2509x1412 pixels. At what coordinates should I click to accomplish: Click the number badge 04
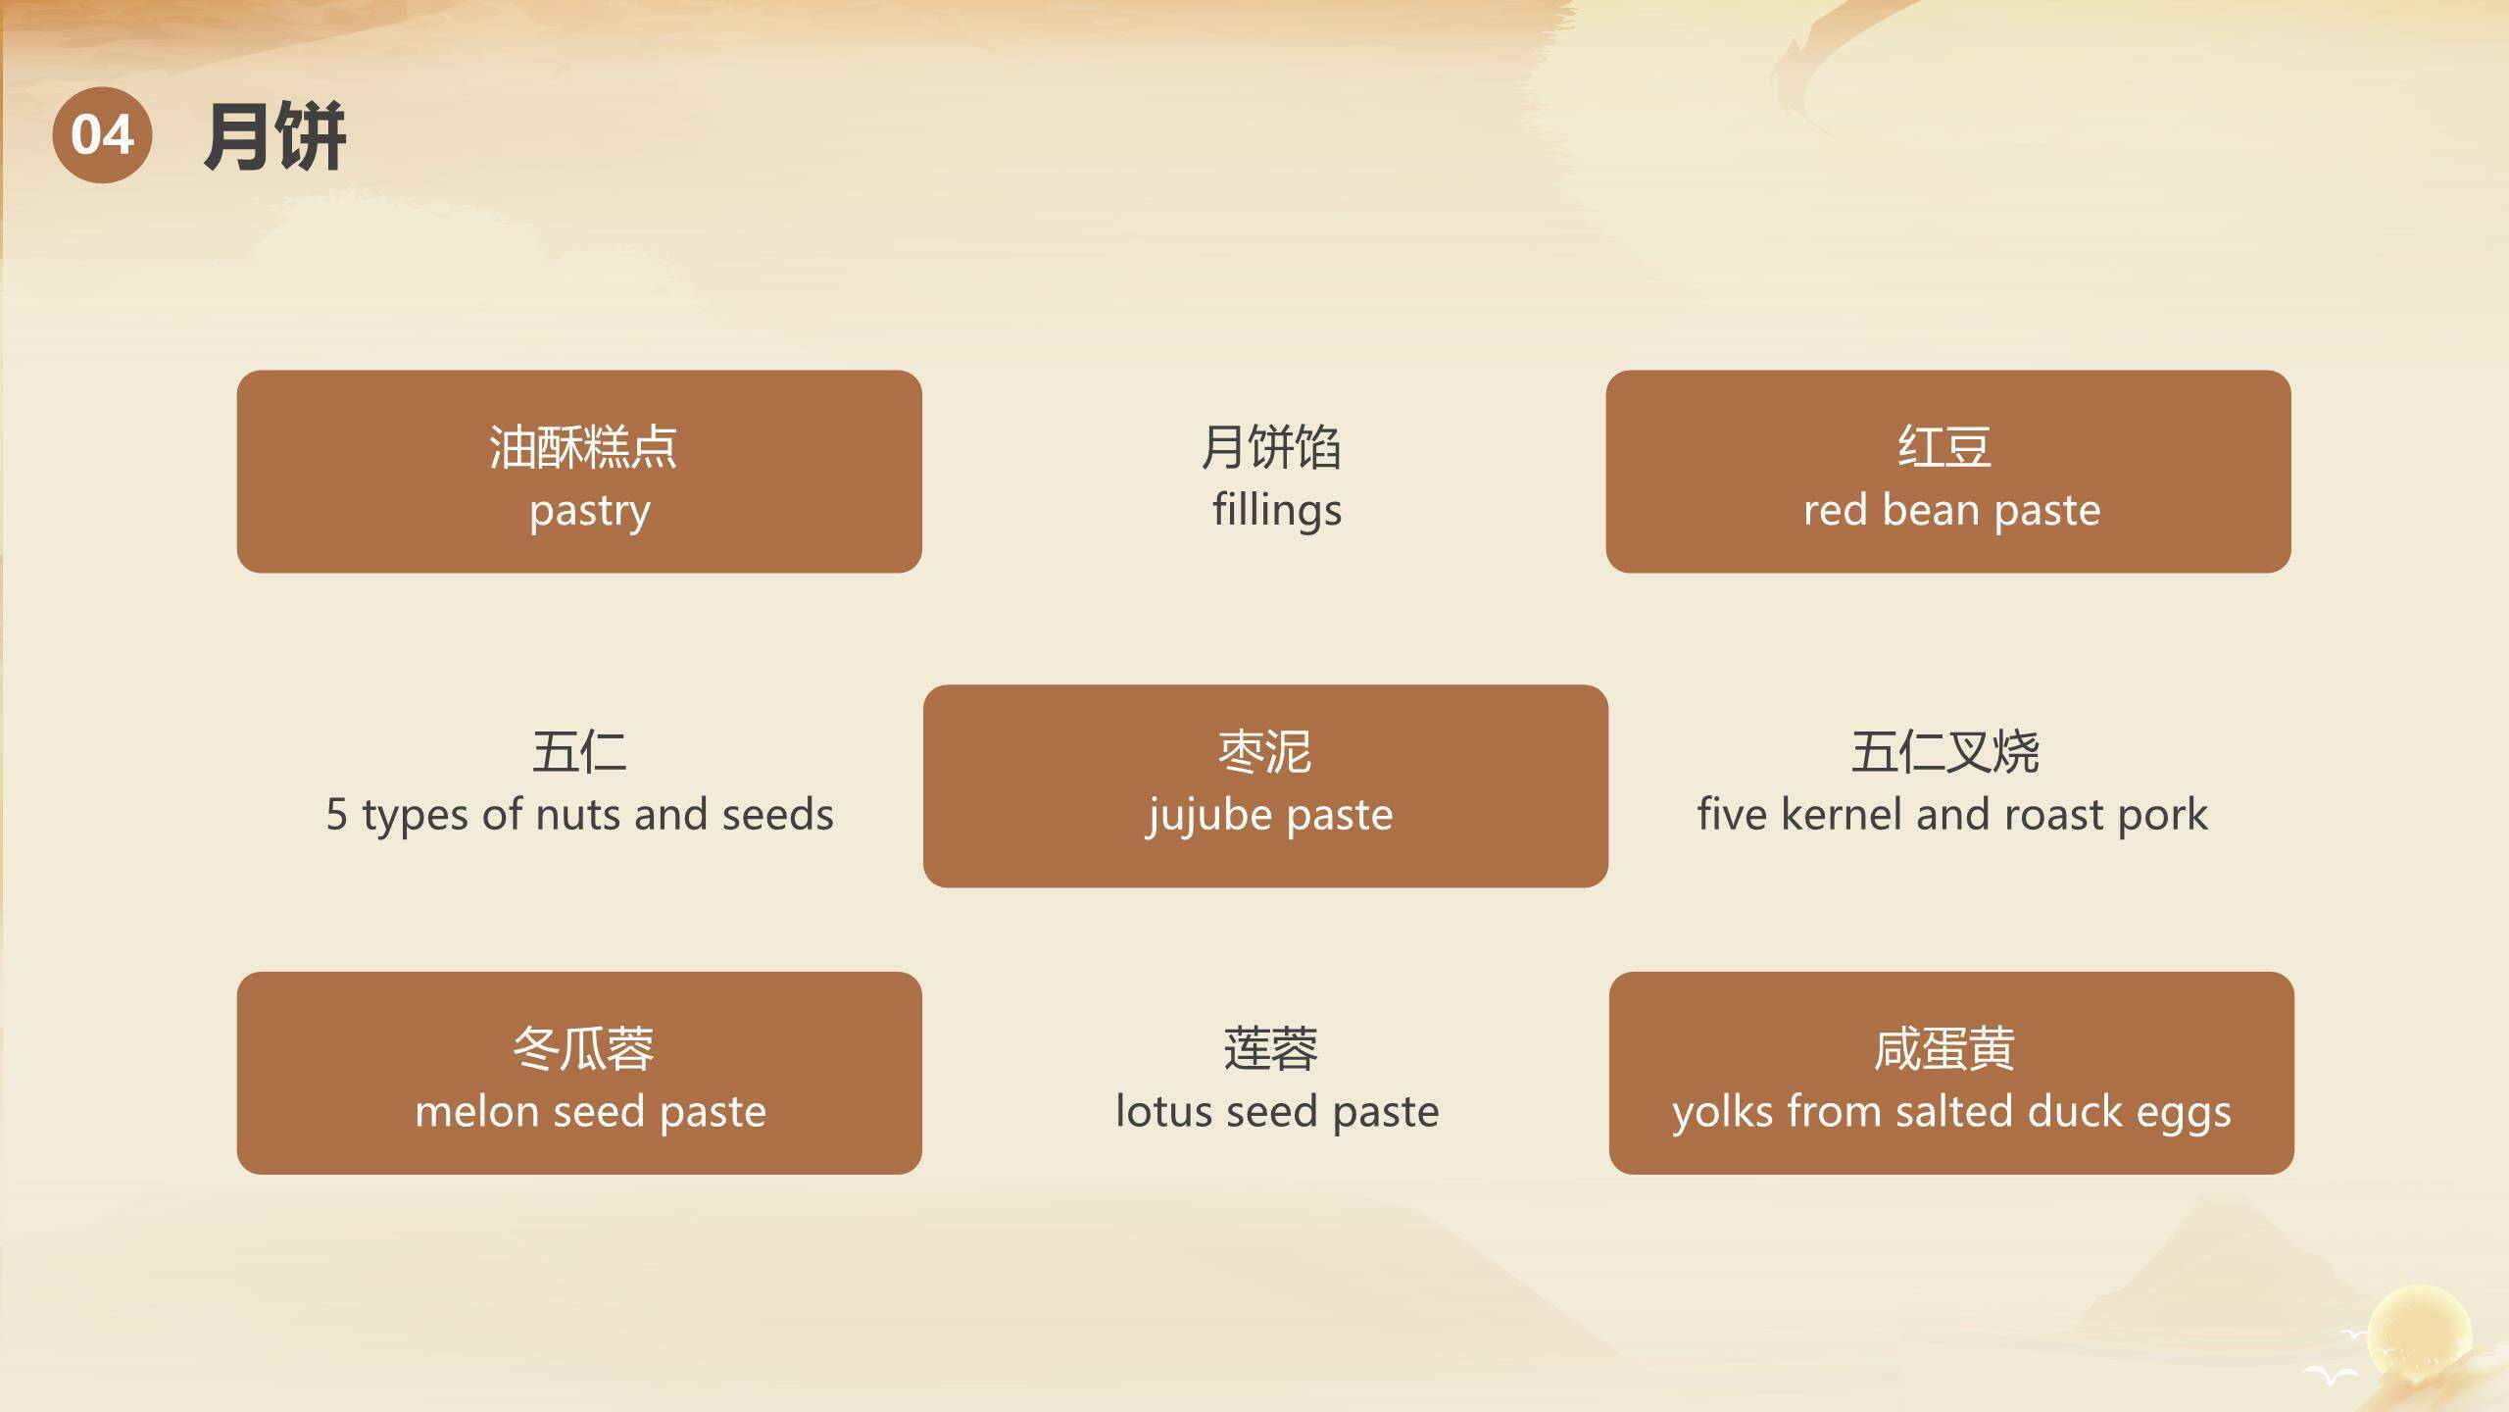102,134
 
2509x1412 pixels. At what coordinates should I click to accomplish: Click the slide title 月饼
274,136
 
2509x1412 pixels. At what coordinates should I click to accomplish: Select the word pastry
589,511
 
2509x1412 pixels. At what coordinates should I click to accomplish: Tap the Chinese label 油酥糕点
582,447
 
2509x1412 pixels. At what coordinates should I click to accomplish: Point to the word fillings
1276,511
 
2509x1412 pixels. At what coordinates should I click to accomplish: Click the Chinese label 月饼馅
1270,447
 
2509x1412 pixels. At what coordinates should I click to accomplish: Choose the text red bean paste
1951,511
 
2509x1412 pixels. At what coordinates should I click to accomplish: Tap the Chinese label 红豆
1944,447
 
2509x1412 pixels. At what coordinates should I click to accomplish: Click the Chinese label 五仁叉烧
1944,752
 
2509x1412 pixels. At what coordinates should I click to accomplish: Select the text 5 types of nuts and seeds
579,815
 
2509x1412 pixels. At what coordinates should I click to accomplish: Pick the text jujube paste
1269,816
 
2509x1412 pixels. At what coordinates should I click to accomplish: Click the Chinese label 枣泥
1264,752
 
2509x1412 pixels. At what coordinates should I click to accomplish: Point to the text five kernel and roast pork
1951,815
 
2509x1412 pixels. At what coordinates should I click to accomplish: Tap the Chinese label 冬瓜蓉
582,1048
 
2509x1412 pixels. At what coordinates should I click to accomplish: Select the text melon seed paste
590,1112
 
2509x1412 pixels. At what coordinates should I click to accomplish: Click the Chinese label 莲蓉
1270,1048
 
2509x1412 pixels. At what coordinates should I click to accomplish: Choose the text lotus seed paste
1276,1112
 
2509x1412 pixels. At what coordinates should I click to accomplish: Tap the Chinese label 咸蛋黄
1944,1048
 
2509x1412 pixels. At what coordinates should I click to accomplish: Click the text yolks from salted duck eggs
1951,1112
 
